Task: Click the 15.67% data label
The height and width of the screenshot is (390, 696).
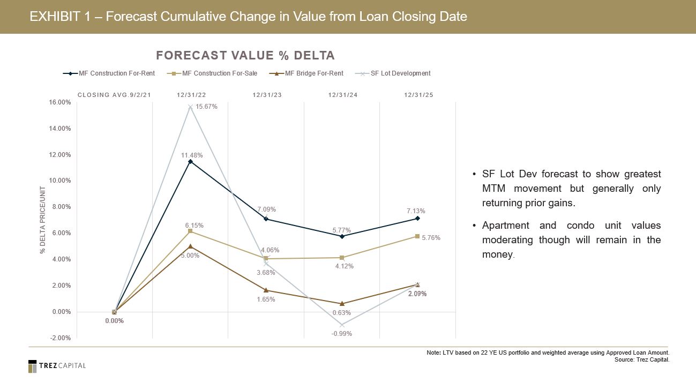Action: pos(206,107)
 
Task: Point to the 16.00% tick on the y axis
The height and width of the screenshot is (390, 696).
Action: pos(59,102)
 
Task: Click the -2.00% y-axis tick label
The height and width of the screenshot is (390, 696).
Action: pos(59,338)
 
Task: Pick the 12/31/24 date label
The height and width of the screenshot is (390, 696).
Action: pos(342,95)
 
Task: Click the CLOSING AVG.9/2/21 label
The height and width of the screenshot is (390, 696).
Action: pos(114,95)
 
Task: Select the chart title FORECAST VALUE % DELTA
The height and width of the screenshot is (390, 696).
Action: pos(245,56)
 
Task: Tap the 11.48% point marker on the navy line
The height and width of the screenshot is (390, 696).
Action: pos(190,161)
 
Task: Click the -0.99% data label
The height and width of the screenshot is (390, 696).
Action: pos(342,334)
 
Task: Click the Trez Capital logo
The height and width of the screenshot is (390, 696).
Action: pos(57,366)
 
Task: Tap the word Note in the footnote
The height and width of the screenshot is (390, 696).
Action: pos(433,353)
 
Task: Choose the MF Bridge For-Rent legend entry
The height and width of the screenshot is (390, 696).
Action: pos(314,73)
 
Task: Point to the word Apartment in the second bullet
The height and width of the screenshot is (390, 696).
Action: pos(505,226)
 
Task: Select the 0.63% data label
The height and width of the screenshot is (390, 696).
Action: pos(342,313)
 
